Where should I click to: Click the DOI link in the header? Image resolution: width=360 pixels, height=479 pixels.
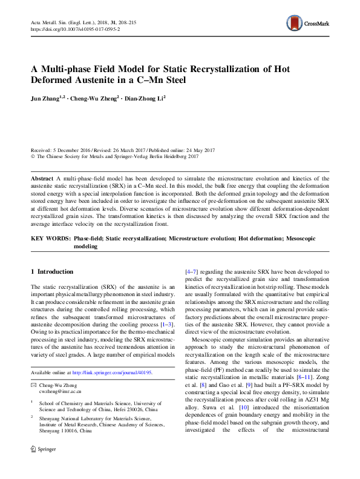pyautogui.click(x=74, y=28)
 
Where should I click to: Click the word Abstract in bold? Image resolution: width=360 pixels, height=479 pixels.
pyautogui.click(x=42, y=179)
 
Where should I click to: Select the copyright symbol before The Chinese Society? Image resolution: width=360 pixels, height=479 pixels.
pyautogui.click(x=33, y=156)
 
